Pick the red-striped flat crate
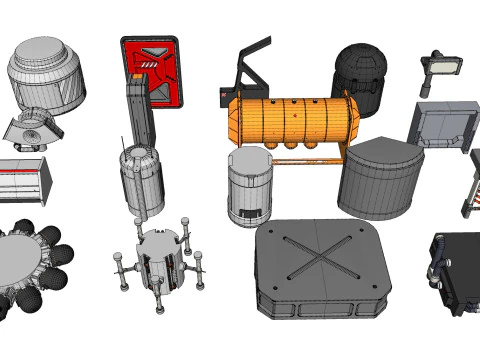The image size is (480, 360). [25, 178]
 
